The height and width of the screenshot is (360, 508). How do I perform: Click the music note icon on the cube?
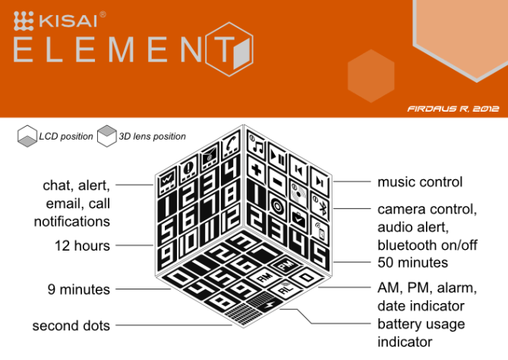click(x=256, y=144)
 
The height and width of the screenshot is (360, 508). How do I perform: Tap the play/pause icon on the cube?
click(x=277, y=156)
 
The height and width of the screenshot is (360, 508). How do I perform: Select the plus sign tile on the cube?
click(x=256, y=169)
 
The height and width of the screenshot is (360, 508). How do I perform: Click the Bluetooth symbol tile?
click(x=320, y=205)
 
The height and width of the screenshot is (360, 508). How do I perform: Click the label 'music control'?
click(x=420, y=182)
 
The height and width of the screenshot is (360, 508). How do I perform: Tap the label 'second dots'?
click(x=71, y=326)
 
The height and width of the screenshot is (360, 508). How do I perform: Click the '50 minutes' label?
click(x=413, y=262)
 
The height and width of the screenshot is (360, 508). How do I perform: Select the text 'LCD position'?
click(x=66, y=137)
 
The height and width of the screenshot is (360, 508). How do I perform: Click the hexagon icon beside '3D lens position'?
click(x=107, y=136)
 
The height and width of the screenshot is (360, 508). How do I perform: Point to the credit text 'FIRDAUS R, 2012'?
click(x=453, y=109)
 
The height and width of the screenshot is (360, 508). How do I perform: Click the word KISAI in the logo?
click(x=68, y=21)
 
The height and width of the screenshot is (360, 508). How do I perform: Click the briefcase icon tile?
click(x=298, y=219)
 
